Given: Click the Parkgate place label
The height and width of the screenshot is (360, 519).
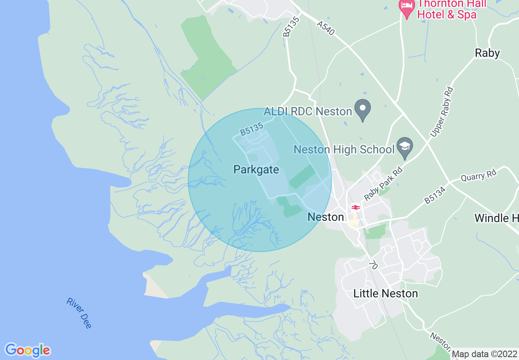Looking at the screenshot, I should tap(256, 169).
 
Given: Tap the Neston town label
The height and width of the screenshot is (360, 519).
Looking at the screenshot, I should tap(325, 217).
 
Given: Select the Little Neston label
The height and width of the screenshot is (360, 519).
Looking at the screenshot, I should tap(386, 293).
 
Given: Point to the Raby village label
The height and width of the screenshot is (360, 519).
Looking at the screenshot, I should tap(487, 53).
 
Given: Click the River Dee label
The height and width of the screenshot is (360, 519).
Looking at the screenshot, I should tap(79, 313).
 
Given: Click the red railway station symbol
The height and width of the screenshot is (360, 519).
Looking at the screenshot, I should tap(355, 207).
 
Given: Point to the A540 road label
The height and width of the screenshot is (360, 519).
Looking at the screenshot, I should tap(326, 29).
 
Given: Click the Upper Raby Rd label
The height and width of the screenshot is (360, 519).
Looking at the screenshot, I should tap(442, 111).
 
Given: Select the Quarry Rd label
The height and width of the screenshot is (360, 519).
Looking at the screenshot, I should tap(478, 176).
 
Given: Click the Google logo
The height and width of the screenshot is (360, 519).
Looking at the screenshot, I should tap(27, 350).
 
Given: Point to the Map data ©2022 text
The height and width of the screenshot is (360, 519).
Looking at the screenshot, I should tap(484, 354).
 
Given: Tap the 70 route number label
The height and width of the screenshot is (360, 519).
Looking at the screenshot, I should tap(372, 265).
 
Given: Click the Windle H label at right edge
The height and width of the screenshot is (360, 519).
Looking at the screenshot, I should tap(496, 218).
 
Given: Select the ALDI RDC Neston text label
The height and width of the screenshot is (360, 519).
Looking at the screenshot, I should tap(308, 111).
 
